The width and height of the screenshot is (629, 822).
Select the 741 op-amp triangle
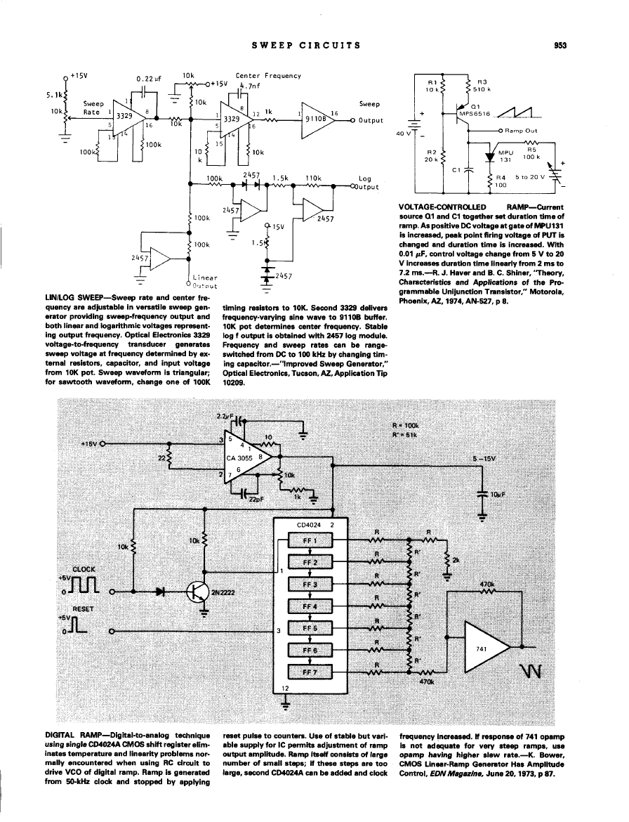pyautogui.click(x=486, y=649)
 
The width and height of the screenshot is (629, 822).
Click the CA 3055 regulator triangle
pyautogui.click(x=246, y=458)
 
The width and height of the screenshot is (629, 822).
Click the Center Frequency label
pyautogui.click(x=268, y=76)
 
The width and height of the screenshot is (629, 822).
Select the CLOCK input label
pyautogui.click(x=83, y=568)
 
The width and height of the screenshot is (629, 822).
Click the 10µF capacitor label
pyautogui.click(x=499, y=494)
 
